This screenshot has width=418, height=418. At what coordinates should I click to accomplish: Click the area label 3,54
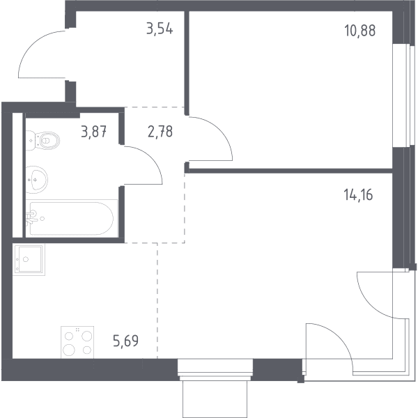[x=160, y=29]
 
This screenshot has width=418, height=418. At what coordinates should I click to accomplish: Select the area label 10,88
[x=360, y=31]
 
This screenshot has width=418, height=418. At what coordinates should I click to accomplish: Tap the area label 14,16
[x=358, y=194]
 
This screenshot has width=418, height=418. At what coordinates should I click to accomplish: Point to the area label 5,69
[x=126, y=341]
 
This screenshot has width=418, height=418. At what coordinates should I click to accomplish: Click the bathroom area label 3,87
[x=94, y=132]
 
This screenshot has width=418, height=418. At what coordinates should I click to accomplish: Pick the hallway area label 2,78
[x=160, y=132]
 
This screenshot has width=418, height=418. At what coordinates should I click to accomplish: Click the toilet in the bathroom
[x=42, y=140]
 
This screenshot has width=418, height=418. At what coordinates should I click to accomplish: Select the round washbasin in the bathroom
[x=37, y=180]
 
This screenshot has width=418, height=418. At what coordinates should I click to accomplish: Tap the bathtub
[x=72, y=218]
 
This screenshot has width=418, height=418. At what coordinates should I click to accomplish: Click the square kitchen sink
[x=29, y=259]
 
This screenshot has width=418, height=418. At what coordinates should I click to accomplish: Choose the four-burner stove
[x=77, y=342]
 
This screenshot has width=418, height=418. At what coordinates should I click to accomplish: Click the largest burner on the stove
[x=69, y=349]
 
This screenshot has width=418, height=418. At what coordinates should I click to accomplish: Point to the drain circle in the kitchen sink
[x=26, y=259]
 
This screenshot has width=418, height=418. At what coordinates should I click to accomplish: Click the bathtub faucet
[x=31, y=217]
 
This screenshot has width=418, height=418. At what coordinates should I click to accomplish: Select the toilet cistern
[x=31, y=140]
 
